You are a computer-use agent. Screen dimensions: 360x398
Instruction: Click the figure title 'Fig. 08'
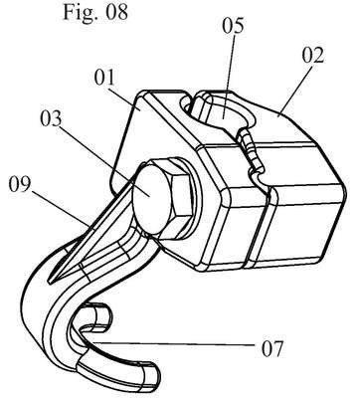95,12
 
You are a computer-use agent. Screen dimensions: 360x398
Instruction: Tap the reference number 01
104,79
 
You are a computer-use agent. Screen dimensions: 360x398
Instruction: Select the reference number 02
313,56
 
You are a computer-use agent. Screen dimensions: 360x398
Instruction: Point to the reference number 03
51,118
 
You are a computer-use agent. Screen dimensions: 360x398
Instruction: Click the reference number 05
233,26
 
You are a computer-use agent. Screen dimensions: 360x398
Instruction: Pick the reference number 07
272,348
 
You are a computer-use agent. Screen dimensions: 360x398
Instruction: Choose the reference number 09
20,185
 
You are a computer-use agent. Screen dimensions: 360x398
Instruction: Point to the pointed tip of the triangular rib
50,282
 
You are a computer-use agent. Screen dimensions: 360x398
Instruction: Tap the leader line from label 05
229,72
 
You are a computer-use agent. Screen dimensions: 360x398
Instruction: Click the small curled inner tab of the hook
96,315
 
